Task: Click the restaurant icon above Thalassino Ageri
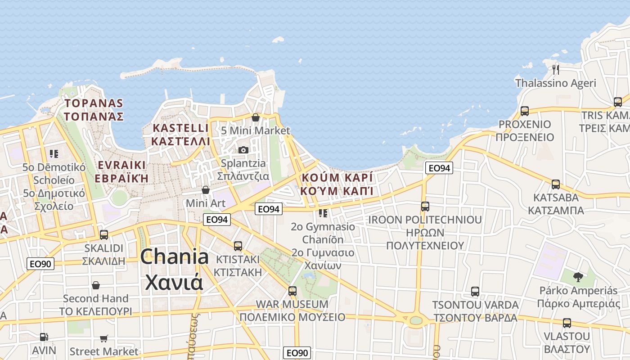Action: pyautogui.click(x=556, y=69)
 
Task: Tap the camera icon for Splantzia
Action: pyautogui.click(x=243, y=150)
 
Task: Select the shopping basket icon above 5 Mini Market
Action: pyautogui.click(x=256, y=117)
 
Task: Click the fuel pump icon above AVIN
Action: pyautogui.click(x=44, y=337)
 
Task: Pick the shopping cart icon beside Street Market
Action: pyautogui.click(x=104, y=338)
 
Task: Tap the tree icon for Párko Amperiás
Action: pyautogui.click(x=578, y=277)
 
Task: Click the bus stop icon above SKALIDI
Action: pyautogui.click(x=104, y=235)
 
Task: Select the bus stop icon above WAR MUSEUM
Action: pyautogui.click(x=292, y=291)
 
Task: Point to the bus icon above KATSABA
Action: pyautogui.click(x=556, y=184)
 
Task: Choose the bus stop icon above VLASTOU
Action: pyautogui.click(x=567, y=323)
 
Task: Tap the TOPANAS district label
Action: pyautogui.click(x=93, y=103)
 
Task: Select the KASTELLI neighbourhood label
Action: pyautogui.click(x=180, y=128)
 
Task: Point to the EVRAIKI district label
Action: pyautogui.click(x=122, y=165)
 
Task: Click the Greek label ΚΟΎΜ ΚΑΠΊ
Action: pyautogui.click(x=337, y=191)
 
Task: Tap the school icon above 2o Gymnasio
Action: pyautogui.click(x=323, y=213)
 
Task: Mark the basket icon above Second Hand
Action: pyautogui.click(x=96, y=285)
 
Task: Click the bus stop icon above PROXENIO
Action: pyautogui.click(x=525, y=111)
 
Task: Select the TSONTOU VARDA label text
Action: pyautogui.click(x=475, y=305)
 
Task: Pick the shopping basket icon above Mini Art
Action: pyautogui.click(x=206, y=190)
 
